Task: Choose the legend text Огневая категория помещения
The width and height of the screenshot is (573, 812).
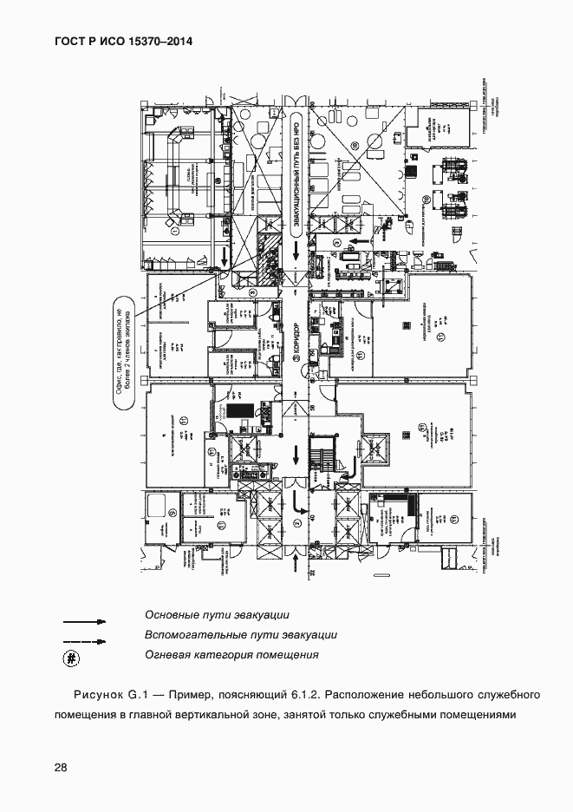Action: pos(232,655)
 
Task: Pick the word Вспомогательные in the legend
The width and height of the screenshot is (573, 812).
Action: pos(192,635)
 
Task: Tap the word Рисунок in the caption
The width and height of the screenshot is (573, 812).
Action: pos(101,695)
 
